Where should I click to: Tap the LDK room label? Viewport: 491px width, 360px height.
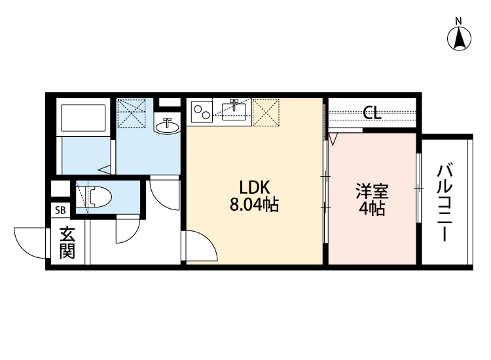point(254,186)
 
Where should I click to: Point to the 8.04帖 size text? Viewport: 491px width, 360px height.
point(254,206)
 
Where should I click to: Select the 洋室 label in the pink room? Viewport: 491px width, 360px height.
point(372,192)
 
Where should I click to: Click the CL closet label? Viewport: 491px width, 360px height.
point(372,113)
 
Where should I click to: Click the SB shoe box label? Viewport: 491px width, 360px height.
point(60,210)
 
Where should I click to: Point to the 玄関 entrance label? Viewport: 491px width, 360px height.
point(67,242)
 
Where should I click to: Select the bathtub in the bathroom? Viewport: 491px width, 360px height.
point(84,118)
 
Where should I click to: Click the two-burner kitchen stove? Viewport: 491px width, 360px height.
point(201,112)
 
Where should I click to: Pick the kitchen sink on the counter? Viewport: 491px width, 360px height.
point(233,111)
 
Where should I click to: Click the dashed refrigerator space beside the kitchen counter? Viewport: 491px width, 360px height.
point(266,112)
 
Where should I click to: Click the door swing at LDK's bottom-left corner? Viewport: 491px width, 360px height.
point(200,247)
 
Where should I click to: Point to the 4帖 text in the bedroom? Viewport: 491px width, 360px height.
point(372,209)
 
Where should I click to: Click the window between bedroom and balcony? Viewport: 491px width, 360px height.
point(418,189)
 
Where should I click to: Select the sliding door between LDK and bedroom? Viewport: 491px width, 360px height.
point(325,190)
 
